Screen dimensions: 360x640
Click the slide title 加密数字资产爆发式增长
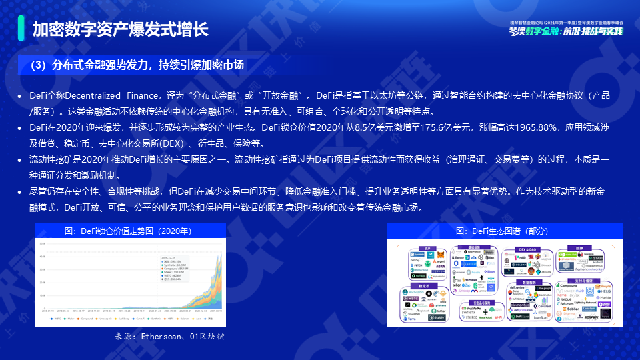click(121, 29)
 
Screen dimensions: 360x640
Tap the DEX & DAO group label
click(527, 249)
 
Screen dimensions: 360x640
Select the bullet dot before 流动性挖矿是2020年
click(21, 161)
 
